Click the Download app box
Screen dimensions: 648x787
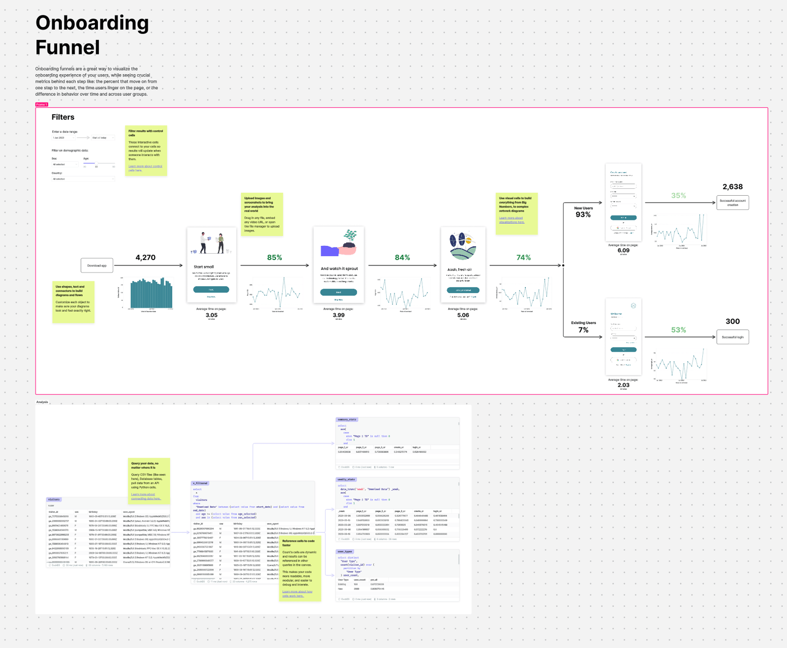pyautogui.click(x=97, y=265)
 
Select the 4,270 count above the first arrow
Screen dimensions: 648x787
pyautogui.click(x=146, y=258)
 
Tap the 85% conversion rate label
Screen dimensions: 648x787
pyautogui.click(x=274, y=258)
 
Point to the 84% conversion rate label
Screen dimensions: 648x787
pyautogui.click(x=402, y=258)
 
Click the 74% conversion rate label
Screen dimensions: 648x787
pyautogui.click(x=523, y=258)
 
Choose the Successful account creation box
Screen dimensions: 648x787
pyautogui.click(x=732, y=203)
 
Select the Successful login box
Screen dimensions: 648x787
pyautogui.click(x=732, y=337)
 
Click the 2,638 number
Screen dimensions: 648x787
pyautogui.click(x=732, y=187)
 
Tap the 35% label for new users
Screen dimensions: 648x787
pyautogui.click(x=678, y=196)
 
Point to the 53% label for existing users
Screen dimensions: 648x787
pyautogui.click(x=678, y=330)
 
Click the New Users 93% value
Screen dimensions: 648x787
pyautogui.click(x=583, y=215)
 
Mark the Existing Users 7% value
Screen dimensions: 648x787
pyautogui.click(x=583, y=330)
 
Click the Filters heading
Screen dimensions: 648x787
pyautogui.click(x=63, y=117)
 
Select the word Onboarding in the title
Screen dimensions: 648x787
pyautogui.click(x=92, y=23)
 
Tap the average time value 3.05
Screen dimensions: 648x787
pyautogui.click(x=212, y=315)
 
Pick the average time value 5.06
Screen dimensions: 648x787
pyautogui.click(x=463, y=315)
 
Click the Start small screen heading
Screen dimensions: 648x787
pyautogui.click(x=204, y=267)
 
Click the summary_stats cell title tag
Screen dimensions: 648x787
pyautogui.click(x=347, y=419)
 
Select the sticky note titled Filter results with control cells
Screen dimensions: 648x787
pyautogui.click(x=146, y=150)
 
